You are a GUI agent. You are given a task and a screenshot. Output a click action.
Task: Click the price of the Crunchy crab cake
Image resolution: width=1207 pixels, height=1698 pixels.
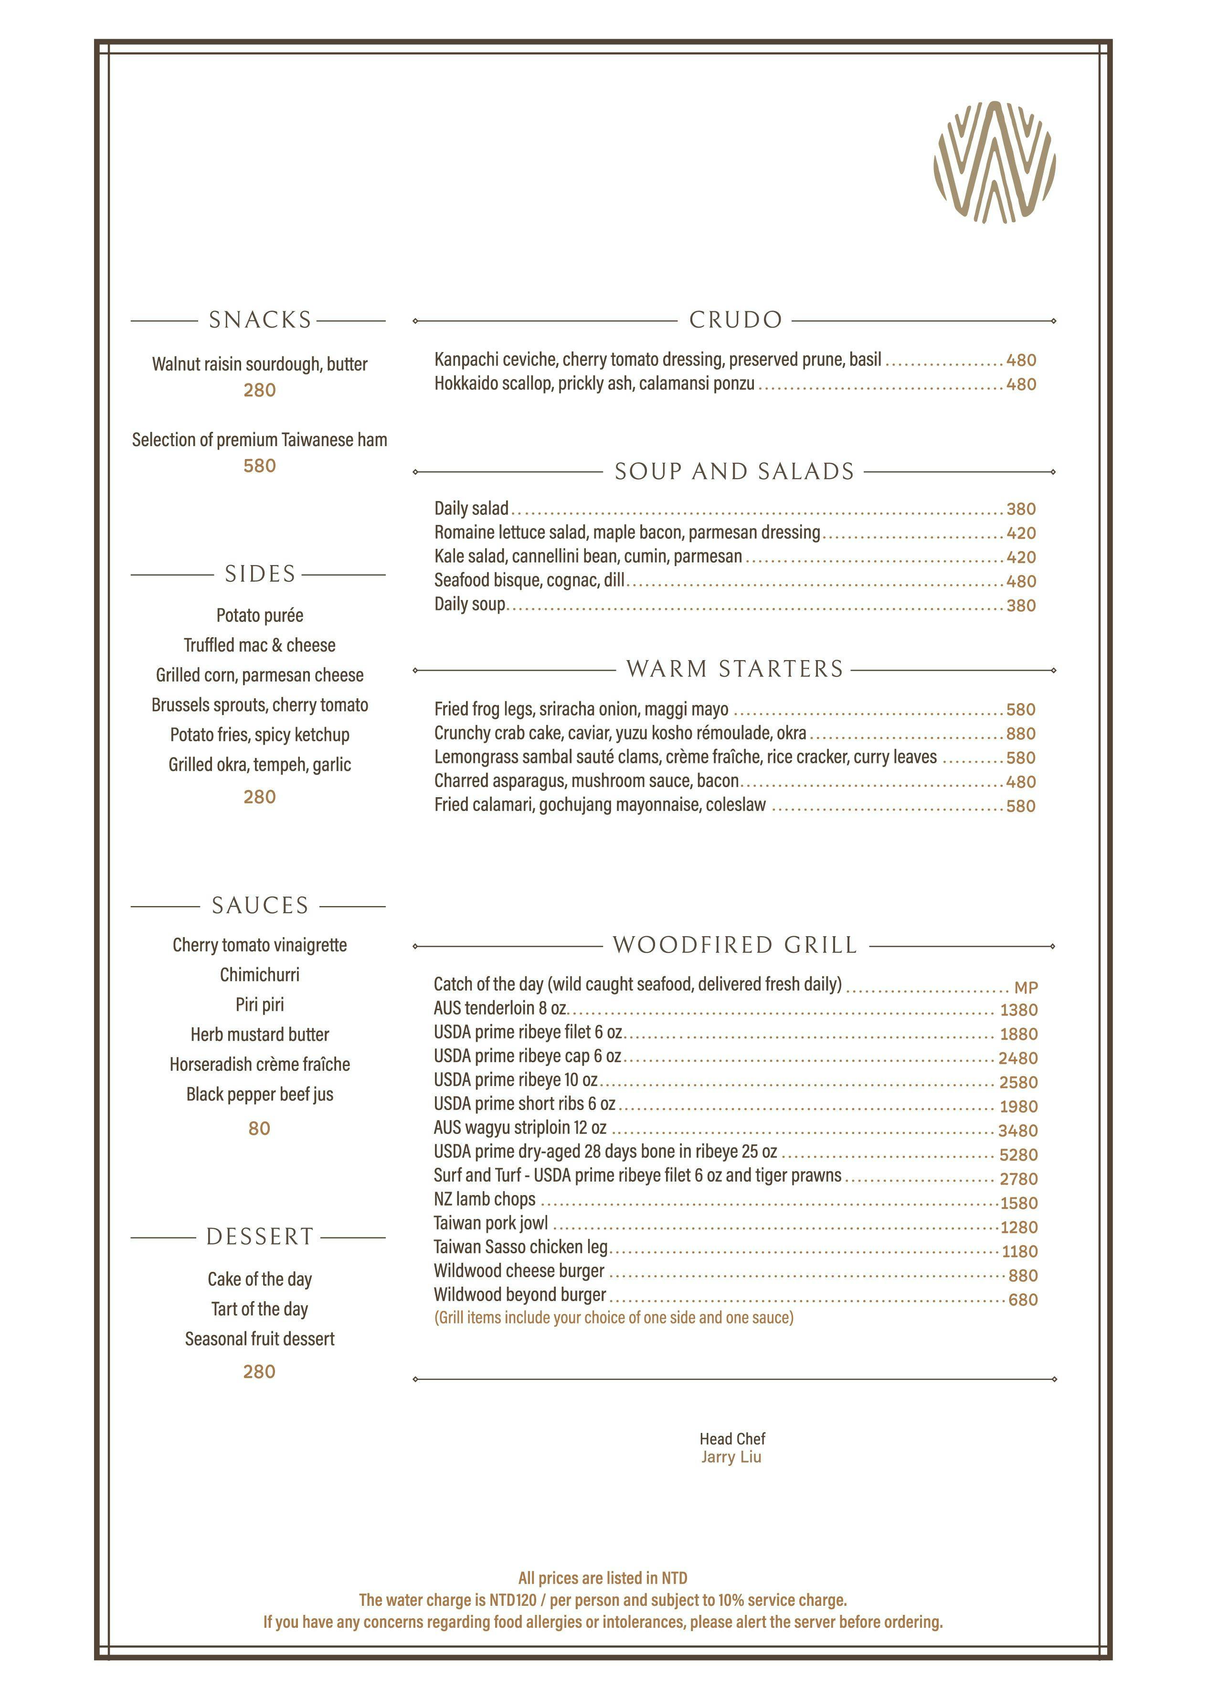pyautogui.click(x=1020, y=734)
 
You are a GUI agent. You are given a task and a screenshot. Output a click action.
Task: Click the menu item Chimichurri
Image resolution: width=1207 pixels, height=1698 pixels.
pyautogui.click(x=259, y=975)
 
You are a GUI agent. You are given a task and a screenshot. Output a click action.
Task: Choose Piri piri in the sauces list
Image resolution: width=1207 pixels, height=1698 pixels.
pyautogui.click(x=259, y=1004)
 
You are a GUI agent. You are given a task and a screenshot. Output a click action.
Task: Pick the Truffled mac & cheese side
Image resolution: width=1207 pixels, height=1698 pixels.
pyautogui.click(x=259, y=645)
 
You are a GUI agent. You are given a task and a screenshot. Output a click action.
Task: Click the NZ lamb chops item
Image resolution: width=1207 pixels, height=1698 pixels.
pyautogui.click(x=485, y=1199)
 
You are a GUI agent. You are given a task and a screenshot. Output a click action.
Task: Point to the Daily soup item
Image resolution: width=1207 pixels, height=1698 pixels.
pyautogui.click(x=470, y=604)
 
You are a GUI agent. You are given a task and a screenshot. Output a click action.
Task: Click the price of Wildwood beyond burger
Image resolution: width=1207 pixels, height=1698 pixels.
pyautogui.click(x=1023, y=1300)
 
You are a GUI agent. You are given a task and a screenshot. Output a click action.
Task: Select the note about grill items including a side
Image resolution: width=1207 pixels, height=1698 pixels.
pyautogui.click(x=613, y=1317)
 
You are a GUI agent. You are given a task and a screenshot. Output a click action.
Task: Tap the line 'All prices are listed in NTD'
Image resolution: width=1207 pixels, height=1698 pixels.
pyautogui.click(x=603, y=1578)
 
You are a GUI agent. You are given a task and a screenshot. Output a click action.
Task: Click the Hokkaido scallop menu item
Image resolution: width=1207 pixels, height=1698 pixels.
pyautogui.click(x=594, y=384)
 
